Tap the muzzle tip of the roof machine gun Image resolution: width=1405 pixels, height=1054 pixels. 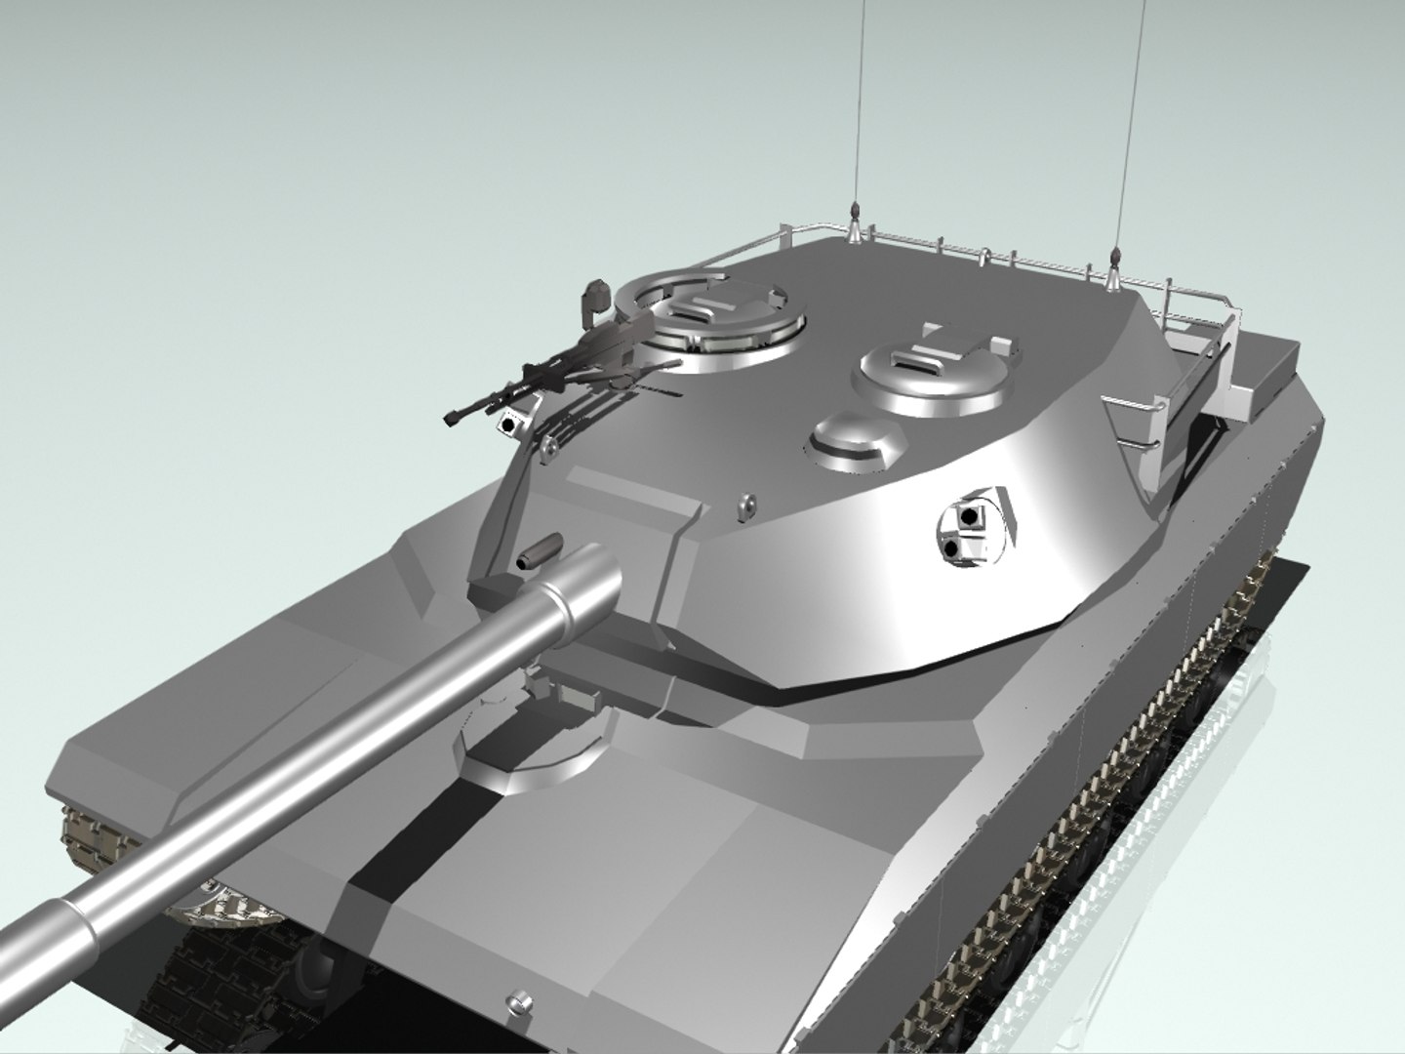[x=450, y=419]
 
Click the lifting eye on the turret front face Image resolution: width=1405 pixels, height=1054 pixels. [x=746, y=505]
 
